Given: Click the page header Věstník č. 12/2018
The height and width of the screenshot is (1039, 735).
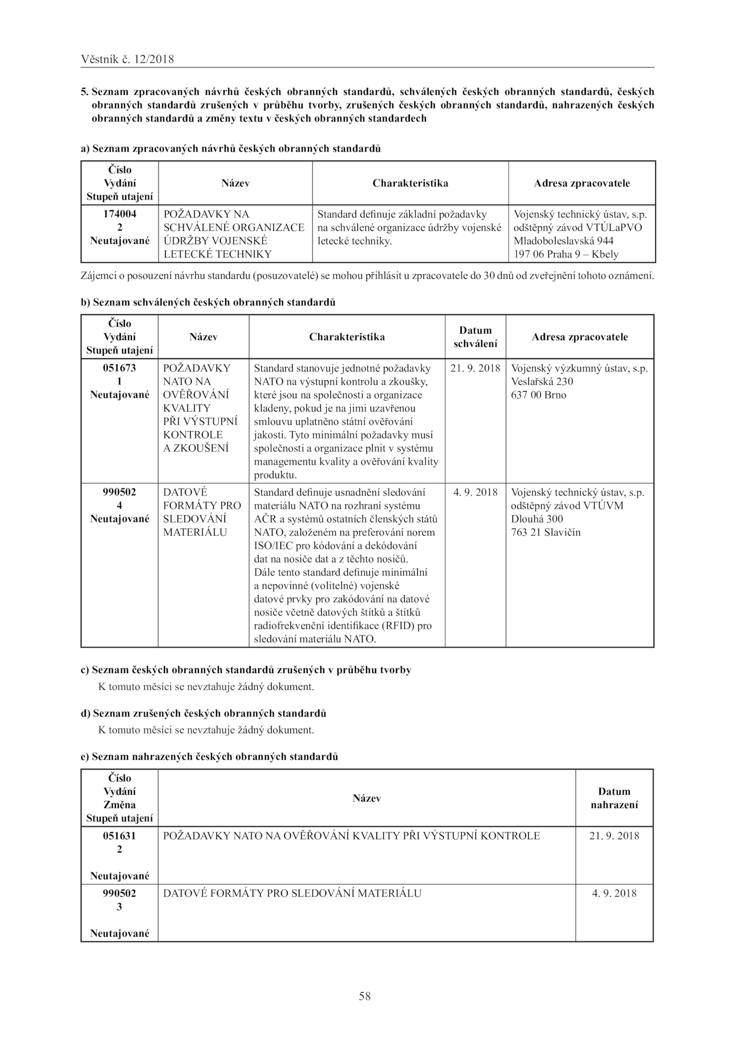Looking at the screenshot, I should point(127,59).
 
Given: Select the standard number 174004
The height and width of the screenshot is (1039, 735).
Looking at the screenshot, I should point(119,214).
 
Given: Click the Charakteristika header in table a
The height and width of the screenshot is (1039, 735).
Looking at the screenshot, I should point(410,183).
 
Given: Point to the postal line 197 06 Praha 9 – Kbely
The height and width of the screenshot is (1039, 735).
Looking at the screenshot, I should point(566,254).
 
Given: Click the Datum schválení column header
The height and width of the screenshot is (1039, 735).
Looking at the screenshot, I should point(475,337).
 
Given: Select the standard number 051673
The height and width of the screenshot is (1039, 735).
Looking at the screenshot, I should point(119,368).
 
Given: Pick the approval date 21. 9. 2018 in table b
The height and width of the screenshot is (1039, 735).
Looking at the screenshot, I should point(475,368).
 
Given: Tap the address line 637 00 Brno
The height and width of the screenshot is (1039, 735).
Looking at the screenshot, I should point(538,395).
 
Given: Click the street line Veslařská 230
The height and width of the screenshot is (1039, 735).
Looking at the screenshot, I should point(542,382).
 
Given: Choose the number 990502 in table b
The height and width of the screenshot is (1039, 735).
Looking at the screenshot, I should point(119,492).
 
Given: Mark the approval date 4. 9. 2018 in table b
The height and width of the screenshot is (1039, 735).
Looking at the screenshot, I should point(475,492).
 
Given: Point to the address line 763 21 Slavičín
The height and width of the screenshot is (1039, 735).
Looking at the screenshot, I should point(546,533).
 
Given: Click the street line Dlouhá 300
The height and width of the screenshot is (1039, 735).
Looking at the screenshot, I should point(537,519).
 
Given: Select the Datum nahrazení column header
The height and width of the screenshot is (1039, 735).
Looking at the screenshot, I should point(614,798).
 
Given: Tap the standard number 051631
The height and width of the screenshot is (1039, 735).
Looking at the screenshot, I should point(119,836).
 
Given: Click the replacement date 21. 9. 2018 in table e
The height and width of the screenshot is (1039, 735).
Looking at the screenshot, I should point(614,836).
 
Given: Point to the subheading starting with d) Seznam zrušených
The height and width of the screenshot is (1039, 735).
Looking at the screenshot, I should point(204,713).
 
